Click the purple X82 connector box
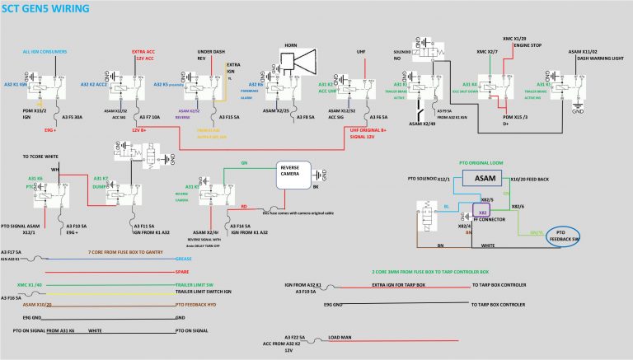pyautogui.click(x=484, y=212)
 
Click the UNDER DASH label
pyautogui.click(x=212, y=50)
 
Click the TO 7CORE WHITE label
pyautogui.click(x=41, y=157)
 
